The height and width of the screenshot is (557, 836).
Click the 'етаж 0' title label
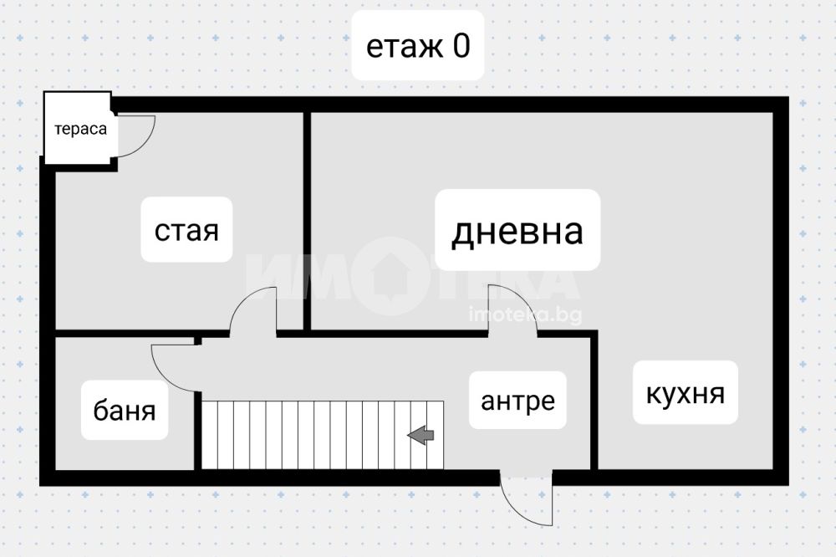click(418, 46)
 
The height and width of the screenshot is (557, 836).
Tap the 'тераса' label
click(81, 130)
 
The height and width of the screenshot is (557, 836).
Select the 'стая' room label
click(186, 230)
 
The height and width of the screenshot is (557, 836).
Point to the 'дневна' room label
click(517, 230)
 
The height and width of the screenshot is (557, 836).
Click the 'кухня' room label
click(685, 392)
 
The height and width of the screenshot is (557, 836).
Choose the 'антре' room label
click(517, 401)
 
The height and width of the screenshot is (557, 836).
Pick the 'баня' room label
click(125, 411)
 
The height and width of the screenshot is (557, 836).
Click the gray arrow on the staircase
click(421, 434)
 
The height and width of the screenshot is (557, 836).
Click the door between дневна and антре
click(512, 309)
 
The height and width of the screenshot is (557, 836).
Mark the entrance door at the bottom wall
click(527, 499)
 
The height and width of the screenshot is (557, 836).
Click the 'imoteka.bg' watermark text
click(525, 315)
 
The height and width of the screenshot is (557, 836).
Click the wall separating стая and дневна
click(307, 217)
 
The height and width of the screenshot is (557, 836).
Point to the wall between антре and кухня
click(594, 401)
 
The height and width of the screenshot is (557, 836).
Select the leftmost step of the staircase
click(210, 434)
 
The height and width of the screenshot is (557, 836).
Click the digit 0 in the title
click(461, 46)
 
